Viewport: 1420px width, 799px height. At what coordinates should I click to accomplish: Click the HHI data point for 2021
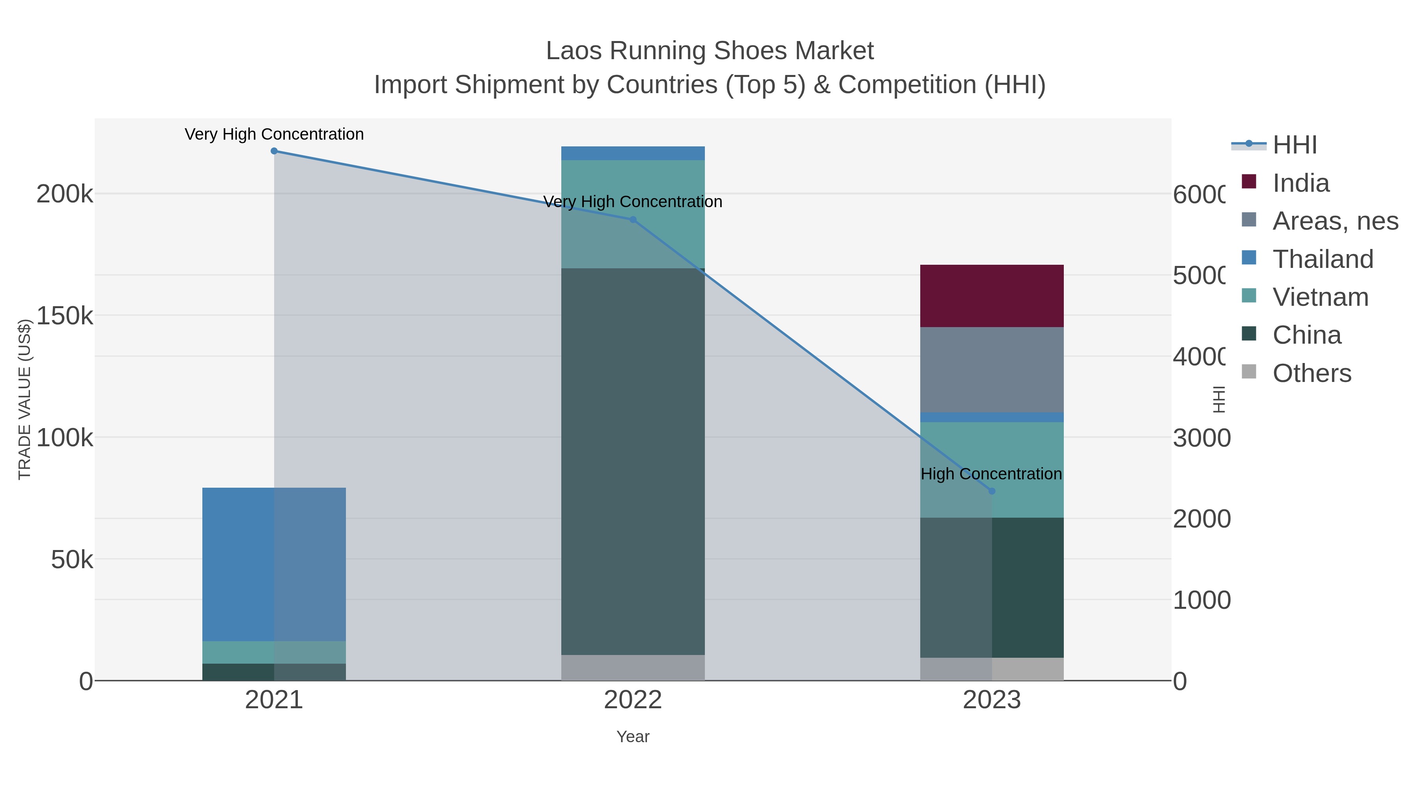[274, 151]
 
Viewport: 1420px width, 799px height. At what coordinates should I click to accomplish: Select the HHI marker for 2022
[633, 219]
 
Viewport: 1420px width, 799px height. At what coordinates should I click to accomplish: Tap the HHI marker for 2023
[992, 491]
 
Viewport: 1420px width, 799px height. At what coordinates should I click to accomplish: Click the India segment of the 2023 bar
[992, 296]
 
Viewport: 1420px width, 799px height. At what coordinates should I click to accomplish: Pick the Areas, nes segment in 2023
[992, 369]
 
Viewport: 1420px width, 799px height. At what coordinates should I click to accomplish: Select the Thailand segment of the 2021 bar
[274, 563]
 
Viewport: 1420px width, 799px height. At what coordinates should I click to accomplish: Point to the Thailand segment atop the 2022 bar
[633, 153]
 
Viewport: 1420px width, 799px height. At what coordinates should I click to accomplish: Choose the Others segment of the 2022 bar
[633, 667]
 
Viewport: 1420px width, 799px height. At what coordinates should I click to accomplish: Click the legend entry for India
[1300, 183]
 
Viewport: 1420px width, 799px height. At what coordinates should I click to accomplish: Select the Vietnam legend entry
[1320, 297]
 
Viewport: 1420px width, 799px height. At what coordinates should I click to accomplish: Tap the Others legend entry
[1312, 373]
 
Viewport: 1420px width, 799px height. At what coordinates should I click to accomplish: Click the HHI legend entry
[1294, 145]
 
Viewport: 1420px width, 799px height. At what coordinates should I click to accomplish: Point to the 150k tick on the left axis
[65, 316]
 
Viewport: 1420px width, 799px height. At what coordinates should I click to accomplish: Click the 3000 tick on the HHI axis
[1201, 438]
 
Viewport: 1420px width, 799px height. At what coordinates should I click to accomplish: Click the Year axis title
[633, 737]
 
